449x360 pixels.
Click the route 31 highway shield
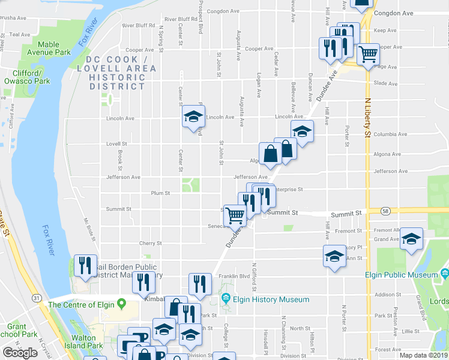(x=37, y=298)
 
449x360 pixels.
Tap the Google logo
(x=20, y=353)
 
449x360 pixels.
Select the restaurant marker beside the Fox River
(x=86, y=264)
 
